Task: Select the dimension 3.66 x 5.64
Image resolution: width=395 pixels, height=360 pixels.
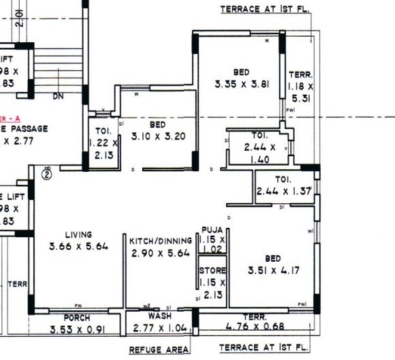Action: click(x=78, y=246)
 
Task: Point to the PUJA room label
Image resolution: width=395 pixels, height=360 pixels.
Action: click(x=211, y=230)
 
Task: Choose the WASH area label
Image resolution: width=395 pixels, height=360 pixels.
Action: click(x=160, y=317)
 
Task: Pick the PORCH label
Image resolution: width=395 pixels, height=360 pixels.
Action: click(x=76, y=318)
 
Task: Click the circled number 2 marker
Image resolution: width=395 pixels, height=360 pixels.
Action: click(x=47, y=173)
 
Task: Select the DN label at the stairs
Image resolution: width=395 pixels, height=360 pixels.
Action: click(x=59, y=97)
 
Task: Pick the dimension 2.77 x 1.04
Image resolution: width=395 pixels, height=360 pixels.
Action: click(x=160, y=329)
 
